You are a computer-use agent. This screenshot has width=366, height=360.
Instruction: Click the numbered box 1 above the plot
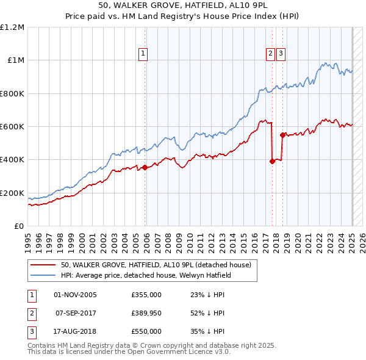(x=142, y=54)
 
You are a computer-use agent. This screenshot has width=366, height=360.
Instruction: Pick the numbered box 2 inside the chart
(x=270, y=54)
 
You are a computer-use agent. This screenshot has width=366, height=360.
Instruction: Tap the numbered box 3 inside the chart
(x=281, y=54)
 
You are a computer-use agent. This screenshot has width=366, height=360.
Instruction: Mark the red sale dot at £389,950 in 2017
(x=272, y=162)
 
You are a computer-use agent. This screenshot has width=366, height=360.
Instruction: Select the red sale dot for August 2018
(x=282, y=135)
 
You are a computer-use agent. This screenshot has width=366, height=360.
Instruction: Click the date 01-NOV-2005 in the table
(x=75, y=295)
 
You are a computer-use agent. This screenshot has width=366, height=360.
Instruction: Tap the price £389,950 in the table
(x=146, y=313)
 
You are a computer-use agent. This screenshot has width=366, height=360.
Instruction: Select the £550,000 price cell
(x=146, y=331)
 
